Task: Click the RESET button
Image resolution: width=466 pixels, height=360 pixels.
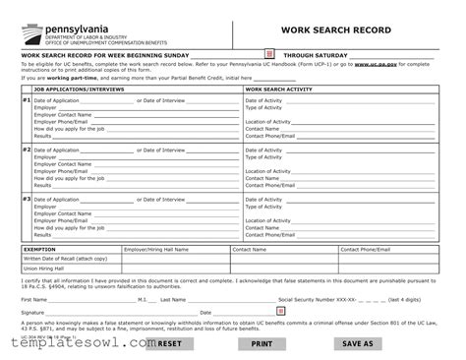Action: [169, 344]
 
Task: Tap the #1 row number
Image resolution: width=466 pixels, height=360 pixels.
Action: [26, 100]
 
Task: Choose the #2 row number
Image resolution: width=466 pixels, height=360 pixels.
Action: [26, 150]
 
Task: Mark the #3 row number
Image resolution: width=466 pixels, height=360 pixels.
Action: [26, 198]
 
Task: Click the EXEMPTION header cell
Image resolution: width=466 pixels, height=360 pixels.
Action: [40, 250]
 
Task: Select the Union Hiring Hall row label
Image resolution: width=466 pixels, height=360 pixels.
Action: [44, 268]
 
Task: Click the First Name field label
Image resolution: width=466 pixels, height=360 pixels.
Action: [33, 299]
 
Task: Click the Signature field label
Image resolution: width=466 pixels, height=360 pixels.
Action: [32, 313]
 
